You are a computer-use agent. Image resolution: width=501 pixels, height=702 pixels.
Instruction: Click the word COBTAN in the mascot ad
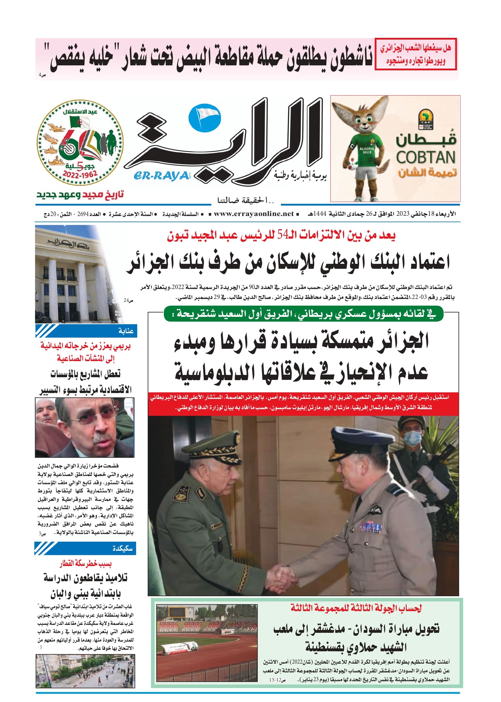click(425, 158)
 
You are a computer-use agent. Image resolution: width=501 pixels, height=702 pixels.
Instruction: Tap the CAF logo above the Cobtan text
click(426, 120)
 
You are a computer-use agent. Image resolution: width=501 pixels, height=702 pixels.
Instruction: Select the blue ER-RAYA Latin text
click(162, 176)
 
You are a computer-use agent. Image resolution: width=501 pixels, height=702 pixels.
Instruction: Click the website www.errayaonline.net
click(254, 214)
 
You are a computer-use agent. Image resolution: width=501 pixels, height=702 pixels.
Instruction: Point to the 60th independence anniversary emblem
click(80, 142)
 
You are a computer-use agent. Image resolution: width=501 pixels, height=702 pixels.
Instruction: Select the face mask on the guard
click(412, 437)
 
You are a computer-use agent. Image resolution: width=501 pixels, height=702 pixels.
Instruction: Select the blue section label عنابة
click(126, 331)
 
